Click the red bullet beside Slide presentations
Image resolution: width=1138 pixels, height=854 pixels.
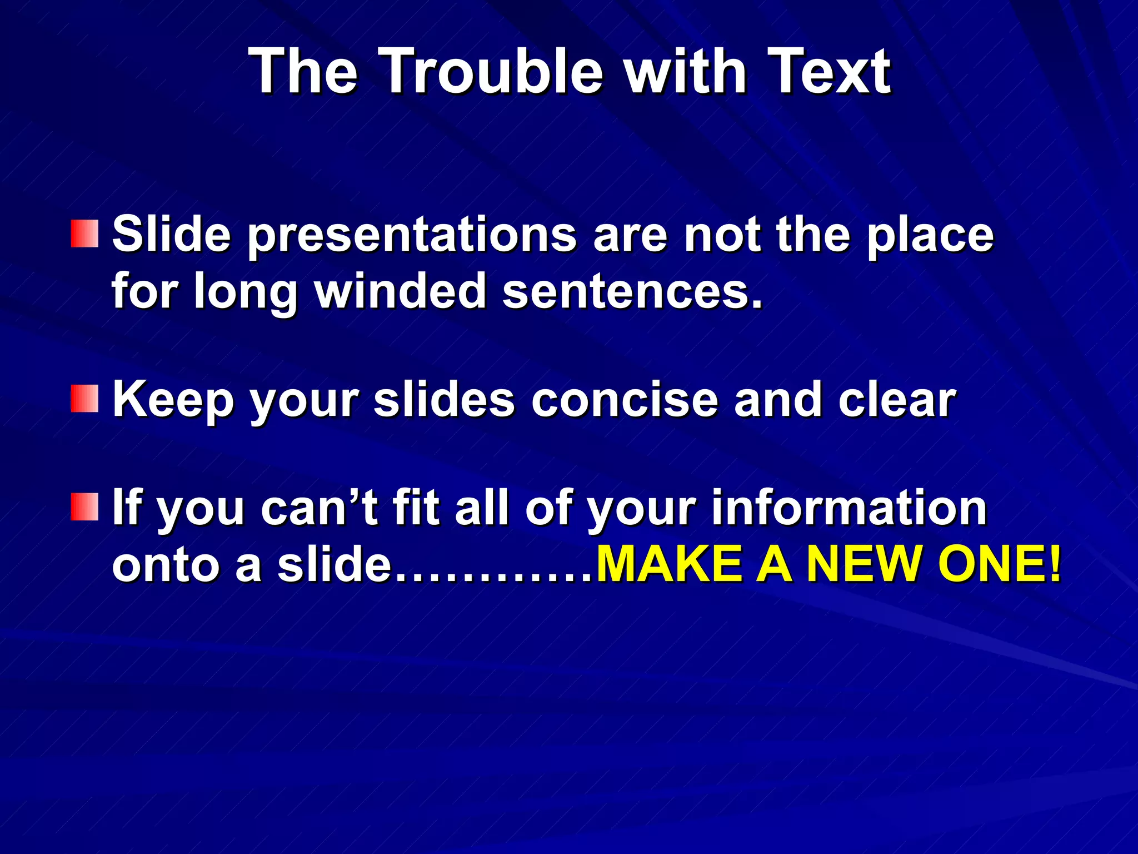pyautogui.click(x=84, y=234)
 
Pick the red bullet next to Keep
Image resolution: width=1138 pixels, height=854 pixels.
pyautogui.click(x=84, y=399)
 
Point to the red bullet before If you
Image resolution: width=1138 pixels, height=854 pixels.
pyautogui.click(x=84, y=507)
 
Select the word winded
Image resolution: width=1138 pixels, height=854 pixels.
pyautogui.click(x=400, y=291)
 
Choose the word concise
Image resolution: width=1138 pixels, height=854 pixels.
pyautogui.click(x=625, y=400)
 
